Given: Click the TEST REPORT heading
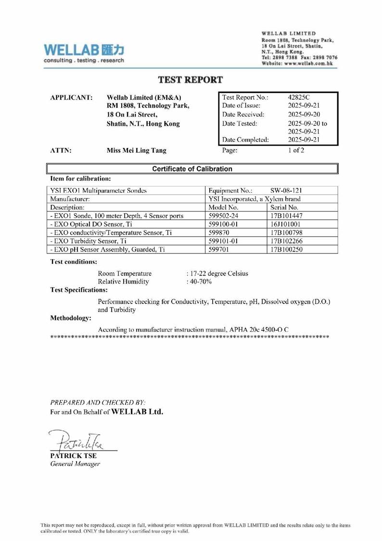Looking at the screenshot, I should point(191,80).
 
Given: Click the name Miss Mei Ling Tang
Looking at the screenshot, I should point(137,150).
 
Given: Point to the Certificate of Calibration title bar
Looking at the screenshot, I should point(191,169).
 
